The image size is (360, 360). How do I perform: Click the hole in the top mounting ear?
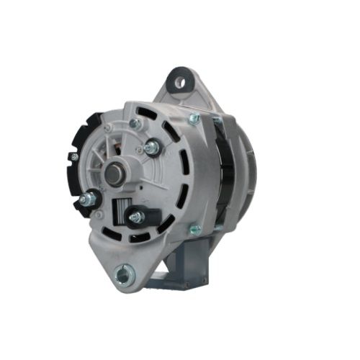(179, 80)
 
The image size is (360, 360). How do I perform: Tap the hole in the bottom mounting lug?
(123, 272)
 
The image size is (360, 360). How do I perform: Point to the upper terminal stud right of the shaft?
(152, 148)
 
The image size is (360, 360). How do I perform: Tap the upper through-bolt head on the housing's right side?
(193, 120)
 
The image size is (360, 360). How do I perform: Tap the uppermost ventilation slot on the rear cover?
(150, 114)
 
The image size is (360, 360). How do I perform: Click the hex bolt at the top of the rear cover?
(135, 123)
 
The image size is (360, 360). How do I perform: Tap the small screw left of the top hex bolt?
(108, 128)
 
